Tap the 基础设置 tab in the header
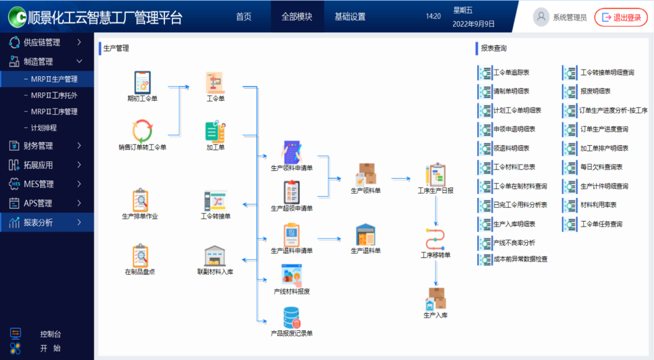pos(350,17)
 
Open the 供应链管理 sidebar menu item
pos(42,42)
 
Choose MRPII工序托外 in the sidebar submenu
pos(54,96)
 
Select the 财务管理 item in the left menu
pos(38,146)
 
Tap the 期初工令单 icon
pos(142,83)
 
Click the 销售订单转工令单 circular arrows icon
pos(142,131)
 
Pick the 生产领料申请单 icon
pos(292,151)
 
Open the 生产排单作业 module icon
pos(140,200)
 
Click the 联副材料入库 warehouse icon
pos(215,256)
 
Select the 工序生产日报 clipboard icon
pos(436,175)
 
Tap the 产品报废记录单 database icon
pos(292,317)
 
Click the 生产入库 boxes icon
pos(436,299)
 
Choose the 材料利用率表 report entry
pos(598,205)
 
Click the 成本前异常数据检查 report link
pos(520,259)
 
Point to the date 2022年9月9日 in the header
pos(474,24)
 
